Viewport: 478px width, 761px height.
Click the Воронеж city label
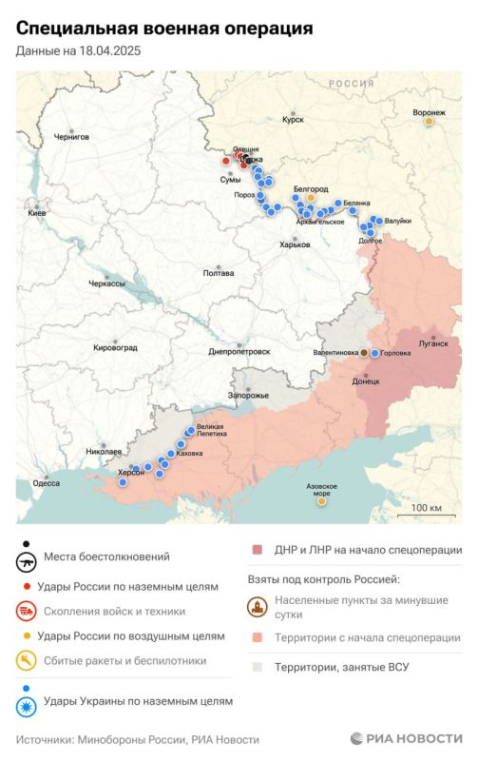tap(429, 112)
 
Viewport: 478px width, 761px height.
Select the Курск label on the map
tap(293, 120)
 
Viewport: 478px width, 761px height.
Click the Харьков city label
tap(295, 244)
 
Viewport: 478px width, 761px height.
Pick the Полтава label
tap(219, 273)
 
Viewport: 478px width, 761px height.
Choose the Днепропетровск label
tap(239, 351)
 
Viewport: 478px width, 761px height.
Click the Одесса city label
tap(46, 483)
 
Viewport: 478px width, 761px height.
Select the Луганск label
tap(432, 343)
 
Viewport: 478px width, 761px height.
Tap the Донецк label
tap(366, 380)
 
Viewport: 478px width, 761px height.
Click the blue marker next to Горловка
tap(375, 353)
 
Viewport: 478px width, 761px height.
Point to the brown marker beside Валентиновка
tap(363, 353)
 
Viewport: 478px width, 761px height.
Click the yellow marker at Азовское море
tap(321, 501)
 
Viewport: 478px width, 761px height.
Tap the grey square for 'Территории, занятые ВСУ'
tap(257, 667)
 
